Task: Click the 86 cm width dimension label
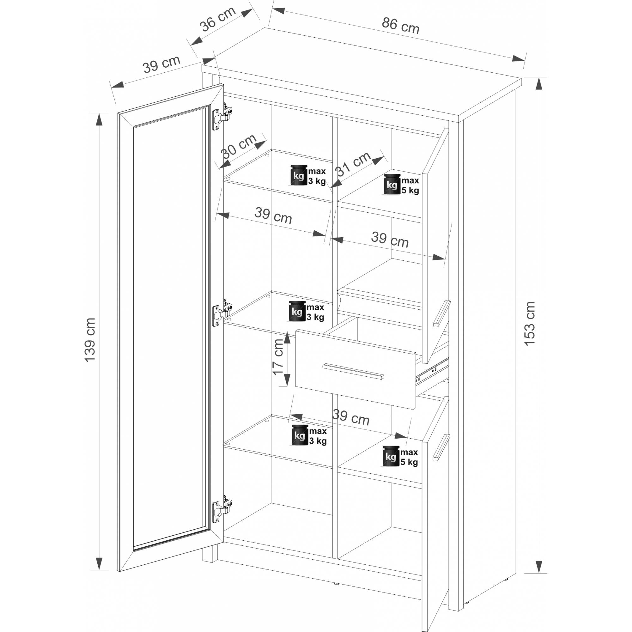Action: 400,26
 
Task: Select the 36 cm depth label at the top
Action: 218,19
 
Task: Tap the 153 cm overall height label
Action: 529,324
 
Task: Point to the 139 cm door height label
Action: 90,340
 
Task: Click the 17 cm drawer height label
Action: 278,357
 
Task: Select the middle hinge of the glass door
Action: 222,314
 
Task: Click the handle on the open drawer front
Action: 353,371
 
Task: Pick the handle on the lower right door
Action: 441,447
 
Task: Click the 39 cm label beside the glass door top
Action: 161,64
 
